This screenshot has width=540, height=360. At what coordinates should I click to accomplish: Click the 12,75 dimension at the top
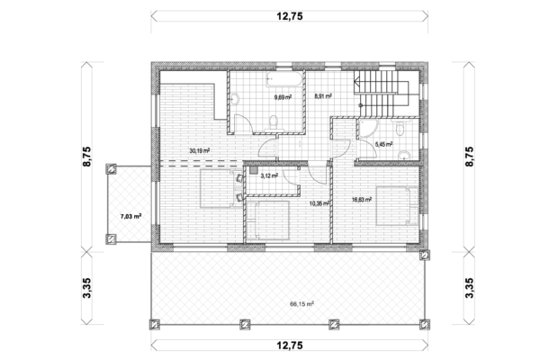click(290, 16)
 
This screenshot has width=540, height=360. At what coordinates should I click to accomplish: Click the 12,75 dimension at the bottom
click(290, 346)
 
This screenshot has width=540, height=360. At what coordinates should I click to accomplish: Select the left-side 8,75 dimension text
click(86, 157)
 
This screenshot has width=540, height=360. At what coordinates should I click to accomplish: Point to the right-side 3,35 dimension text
click(470, 288)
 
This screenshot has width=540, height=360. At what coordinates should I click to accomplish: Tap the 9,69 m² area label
click(283, 97)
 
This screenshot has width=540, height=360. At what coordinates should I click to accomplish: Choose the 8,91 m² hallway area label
click(323, 96)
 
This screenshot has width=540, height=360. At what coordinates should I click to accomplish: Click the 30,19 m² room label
click(200, 150)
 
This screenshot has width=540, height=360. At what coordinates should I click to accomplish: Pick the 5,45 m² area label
click(383, 144)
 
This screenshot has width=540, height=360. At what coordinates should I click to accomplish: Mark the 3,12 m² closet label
click(269, 175)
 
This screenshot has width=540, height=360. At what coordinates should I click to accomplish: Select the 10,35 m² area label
click(319, 203)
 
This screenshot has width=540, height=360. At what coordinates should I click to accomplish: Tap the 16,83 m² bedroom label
click(362, 200)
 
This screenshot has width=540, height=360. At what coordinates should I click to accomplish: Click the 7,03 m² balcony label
click(130, 217)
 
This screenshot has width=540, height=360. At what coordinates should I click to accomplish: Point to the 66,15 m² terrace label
click(301, 304)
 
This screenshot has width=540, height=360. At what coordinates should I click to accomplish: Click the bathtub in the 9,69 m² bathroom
click(284, 79)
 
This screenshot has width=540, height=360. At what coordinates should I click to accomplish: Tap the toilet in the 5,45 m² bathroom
click(400, 128)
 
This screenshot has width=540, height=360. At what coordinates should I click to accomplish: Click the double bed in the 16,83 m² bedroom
click(398, 206)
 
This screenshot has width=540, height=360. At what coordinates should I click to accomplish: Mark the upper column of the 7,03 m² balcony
click(111, 169)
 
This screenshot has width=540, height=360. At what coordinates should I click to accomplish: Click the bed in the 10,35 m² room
click(267, 220)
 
